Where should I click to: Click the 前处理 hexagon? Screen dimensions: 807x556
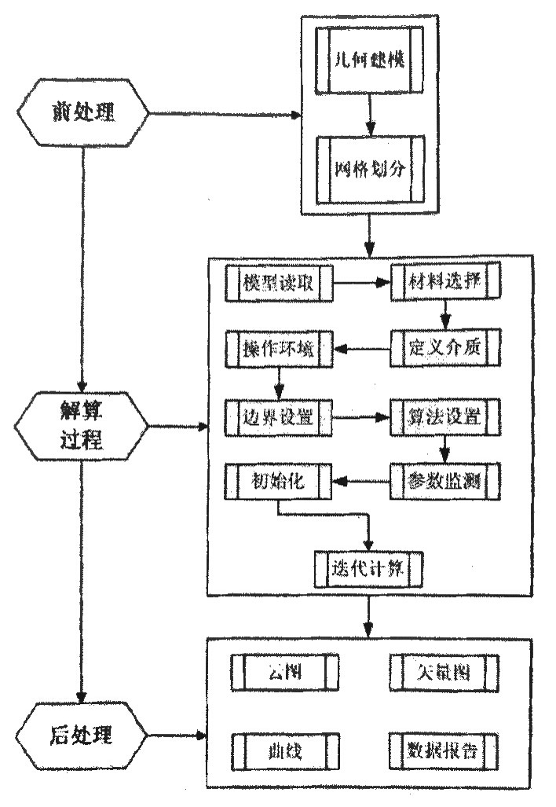tap(82, 113)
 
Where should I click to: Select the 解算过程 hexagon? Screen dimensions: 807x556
tap(82, 427)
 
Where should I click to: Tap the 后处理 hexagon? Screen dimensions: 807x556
tap(82, 736)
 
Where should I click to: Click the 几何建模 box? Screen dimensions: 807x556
tap(369, 61)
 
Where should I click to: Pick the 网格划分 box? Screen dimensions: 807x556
tap(369, 170)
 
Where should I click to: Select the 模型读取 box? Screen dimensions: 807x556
tap(279, 284)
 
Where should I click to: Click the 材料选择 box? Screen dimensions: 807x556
tap(444, 284)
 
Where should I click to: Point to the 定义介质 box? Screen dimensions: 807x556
tap(444, 346)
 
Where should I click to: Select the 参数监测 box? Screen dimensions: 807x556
tap(444, 481)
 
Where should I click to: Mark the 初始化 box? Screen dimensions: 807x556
tap(279, 481)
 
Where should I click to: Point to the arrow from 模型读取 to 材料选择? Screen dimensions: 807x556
tap(362, 284)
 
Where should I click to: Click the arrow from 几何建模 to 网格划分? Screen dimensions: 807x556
tap(369, 115)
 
